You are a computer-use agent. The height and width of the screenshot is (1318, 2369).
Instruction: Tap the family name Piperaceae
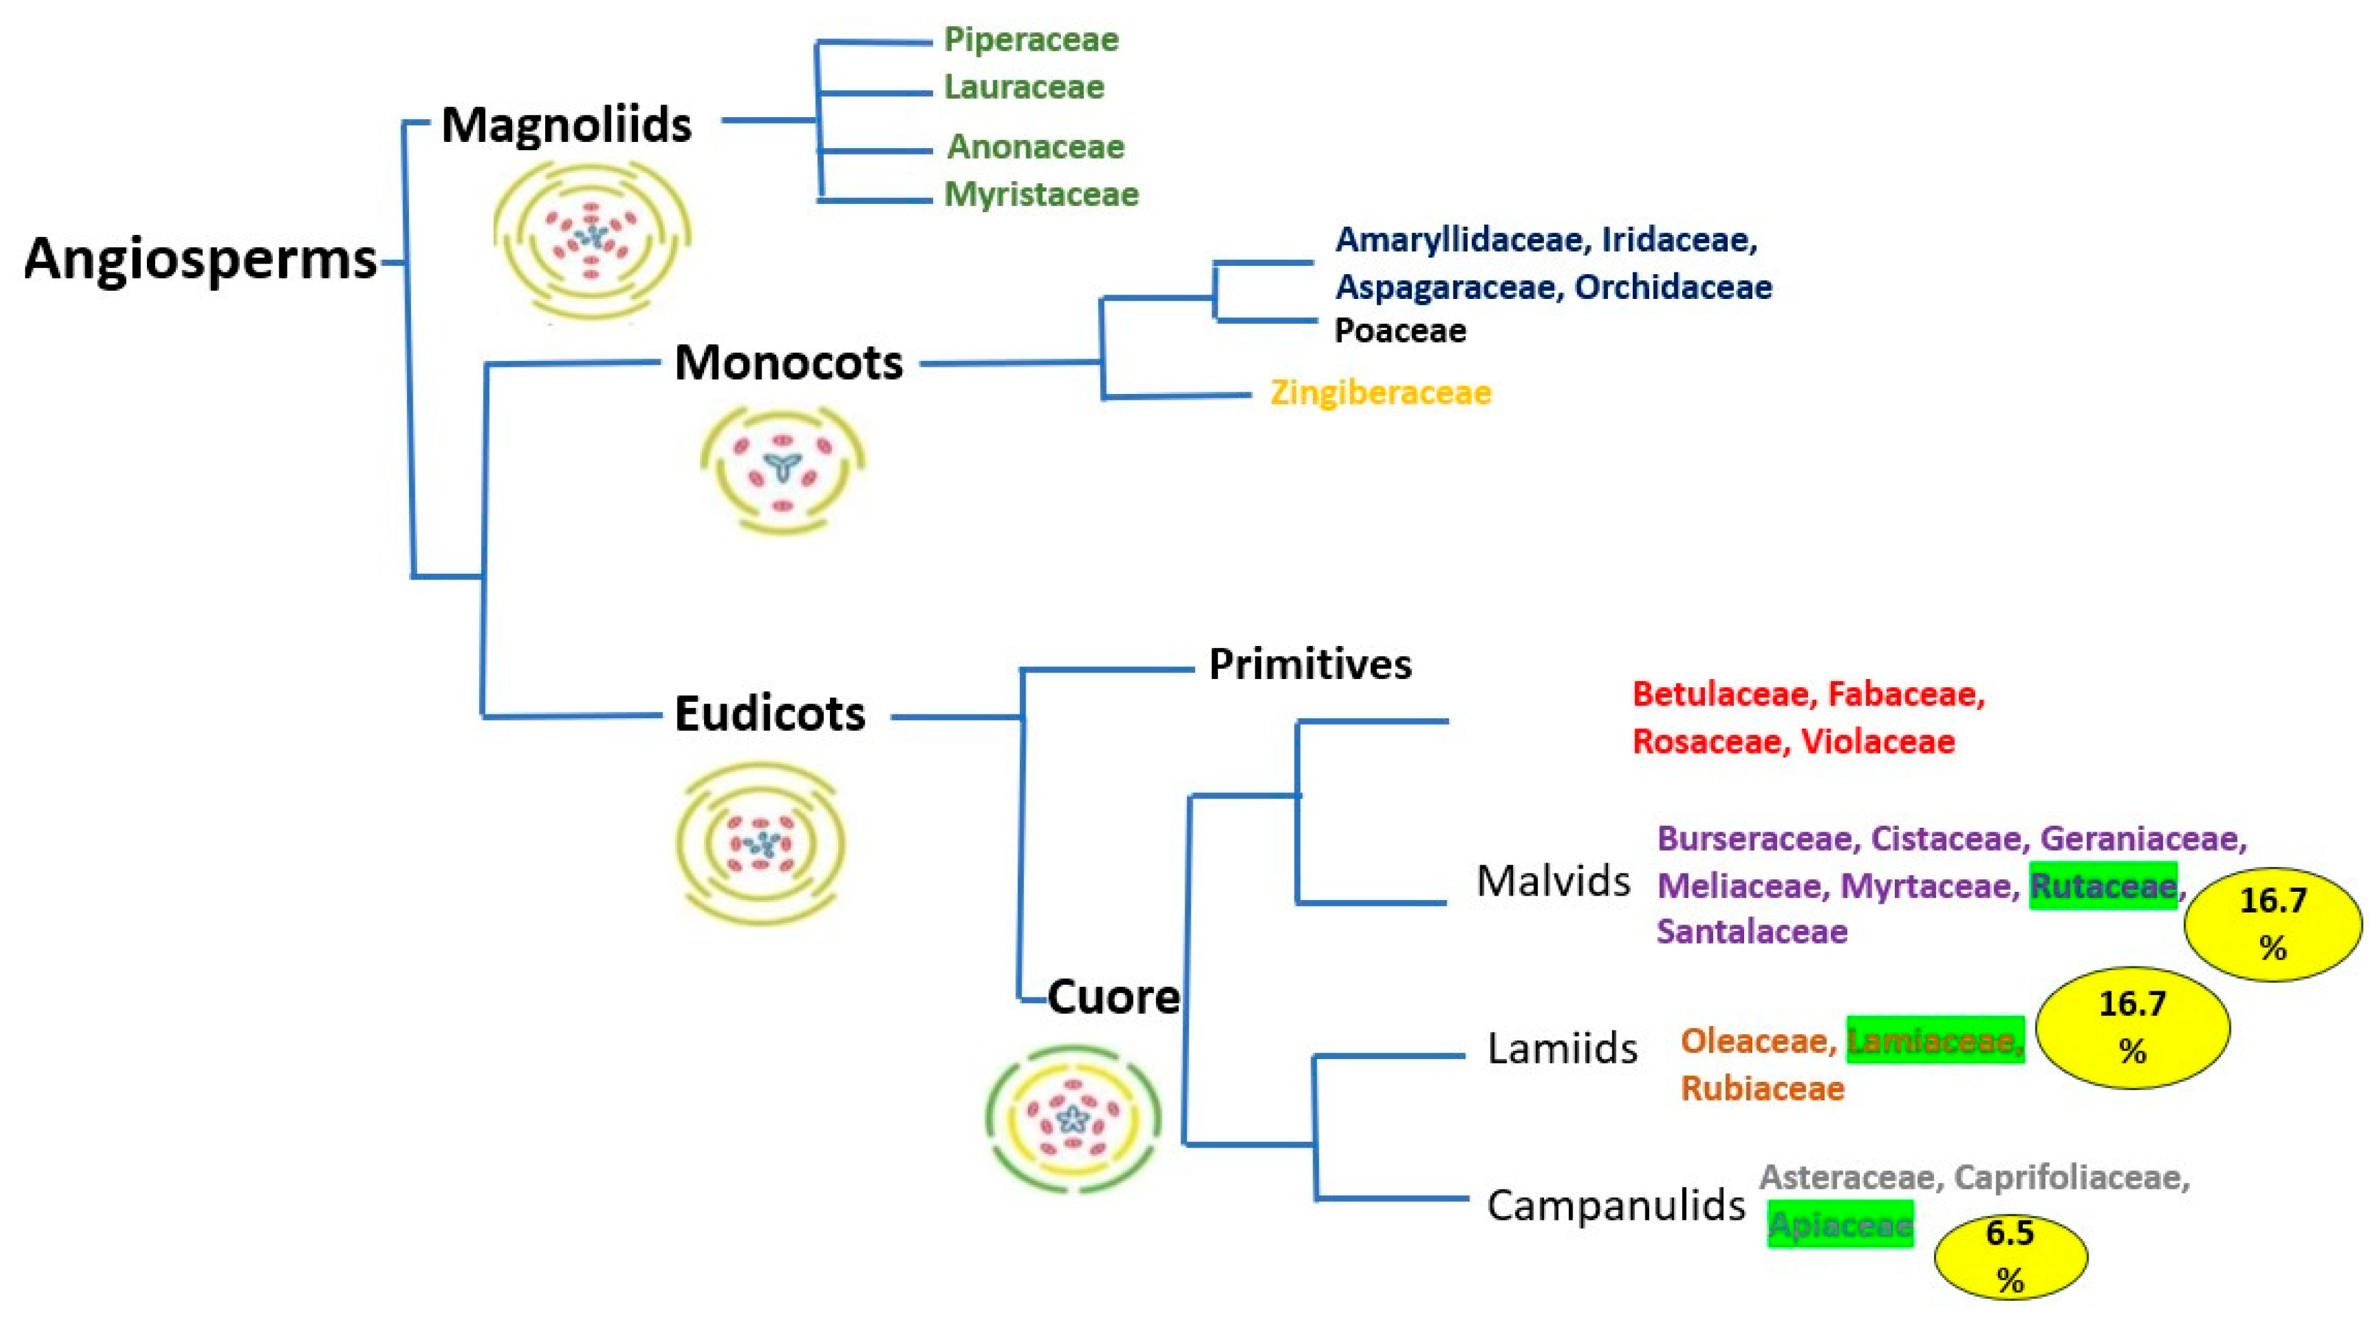(1031, 39)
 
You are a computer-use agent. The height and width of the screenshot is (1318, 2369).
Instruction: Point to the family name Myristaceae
(1041, 194)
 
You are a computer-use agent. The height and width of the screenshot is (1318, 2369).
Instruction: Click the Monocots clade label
(788, 362)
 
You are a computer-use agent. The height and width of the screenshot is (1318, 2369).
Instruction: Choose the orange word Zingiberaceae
(1379, 393)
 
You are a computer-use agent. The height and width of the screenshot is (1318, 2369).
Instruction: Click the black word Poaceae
(1400, 330)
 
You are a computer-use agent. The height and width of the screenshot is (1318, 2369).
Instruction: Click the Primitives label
(1310, 664)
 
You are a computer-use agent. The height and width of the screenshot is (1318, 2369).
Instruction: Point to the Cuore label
(1113, 997)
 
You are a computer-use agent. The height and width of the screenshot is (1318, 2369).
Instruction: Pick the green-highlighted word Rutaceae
(2102, 885)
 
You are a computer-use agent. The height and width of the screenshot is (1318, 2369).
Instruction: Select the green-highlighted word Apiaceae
(1840, 1224)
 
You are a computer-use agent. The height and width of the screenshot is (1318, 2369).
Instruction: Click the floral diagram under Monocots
(782, 469)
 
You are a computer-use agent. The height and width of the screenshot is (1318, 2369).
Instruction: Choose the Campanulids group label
(1615, 1205)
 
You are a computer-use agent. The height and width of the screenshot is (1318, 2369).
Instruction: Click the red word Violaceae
(1877, 741)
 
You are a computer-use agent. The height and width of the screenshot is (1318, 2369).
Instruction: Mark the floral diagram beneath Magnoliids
(591, 240)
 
